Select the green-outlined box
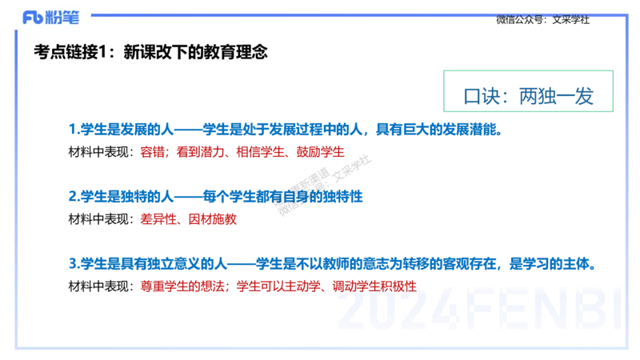[529, 91]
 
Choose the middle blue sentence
[216, 194]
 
